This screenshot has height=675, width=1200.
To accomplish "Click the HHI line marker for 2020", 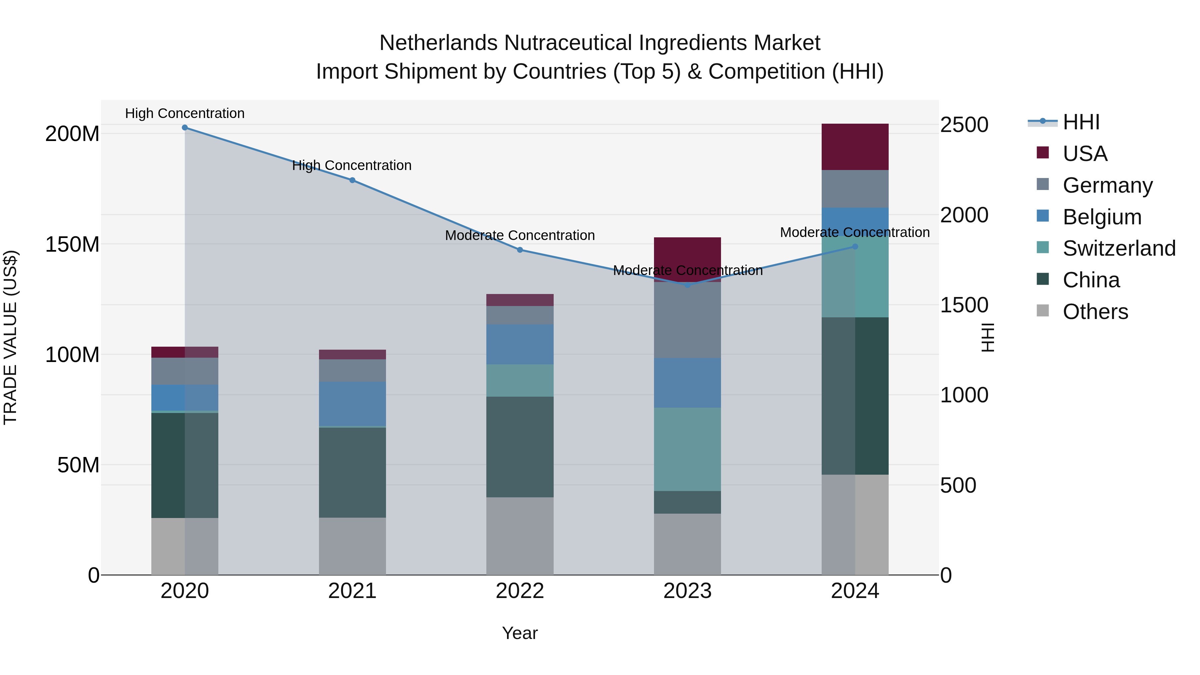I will point(185,128).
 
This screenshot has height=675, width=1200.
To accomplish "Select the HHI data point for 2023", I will point(688,285).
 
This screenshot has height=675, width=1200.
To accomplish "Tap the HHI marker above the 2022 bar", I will point(520,250).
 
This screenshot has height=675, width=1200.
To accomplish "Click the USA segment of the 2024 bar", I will point(855,147).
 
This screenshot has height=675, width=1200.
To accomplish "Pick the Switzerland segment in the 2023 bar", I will point(688,449).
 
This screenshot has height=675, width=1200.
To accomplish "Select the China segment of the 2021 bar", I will point(352,472).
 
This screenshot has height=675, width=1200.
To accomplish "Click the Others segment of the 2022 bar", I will point(520,536).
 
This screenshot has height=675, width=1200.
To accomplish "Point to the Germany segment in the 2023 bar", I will point(688,320).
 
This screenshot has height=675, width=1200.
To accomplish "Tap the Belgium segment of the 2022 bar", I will point(520,344).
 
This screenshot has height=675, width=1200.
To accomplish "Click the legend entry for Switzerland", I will point(1119,248).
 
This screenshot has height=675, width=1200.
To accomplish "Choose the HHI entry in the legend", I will point(1081,122).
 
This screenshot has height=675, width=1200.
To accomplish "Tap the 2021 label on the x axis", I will point(352,591).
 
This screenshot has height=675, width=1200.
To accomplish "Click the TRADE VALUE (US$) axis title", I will point(10,337).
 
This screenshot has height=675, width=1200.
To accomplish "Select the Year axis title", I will point(520,633).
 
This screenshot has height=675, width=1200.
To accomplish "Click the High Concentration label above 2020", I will point(185,113).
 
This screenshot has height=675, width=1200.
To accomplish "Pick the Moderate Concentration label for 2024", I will point(855,232).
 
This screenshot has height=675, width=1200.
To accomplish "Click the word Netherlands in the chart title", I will point(438,43).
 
